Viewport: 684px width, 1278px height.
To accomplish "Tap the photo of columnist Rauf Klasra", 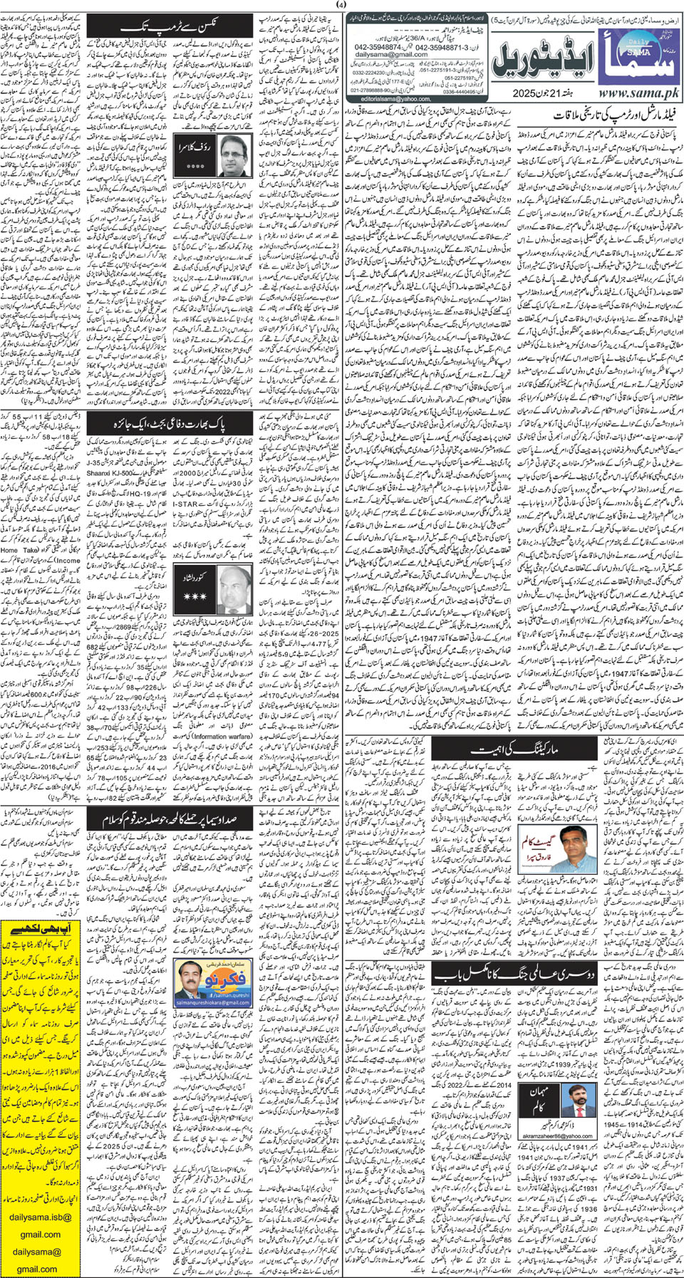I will (239, 154).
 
